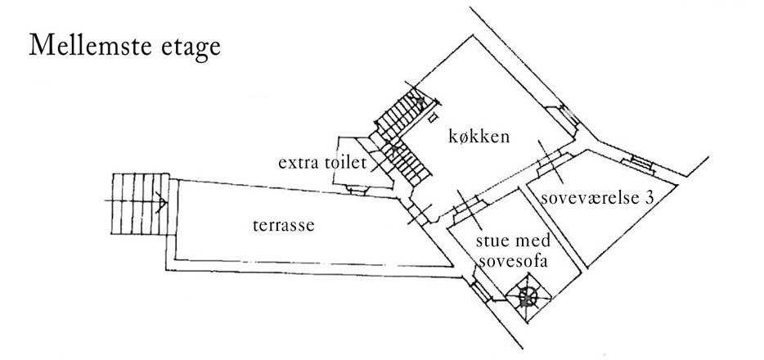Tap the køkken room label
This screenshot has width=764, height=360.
point(479,137)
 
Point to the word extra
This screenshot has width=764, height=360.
point(299,163)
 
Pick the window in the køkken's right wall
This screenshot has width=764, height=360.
point(566,118)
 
